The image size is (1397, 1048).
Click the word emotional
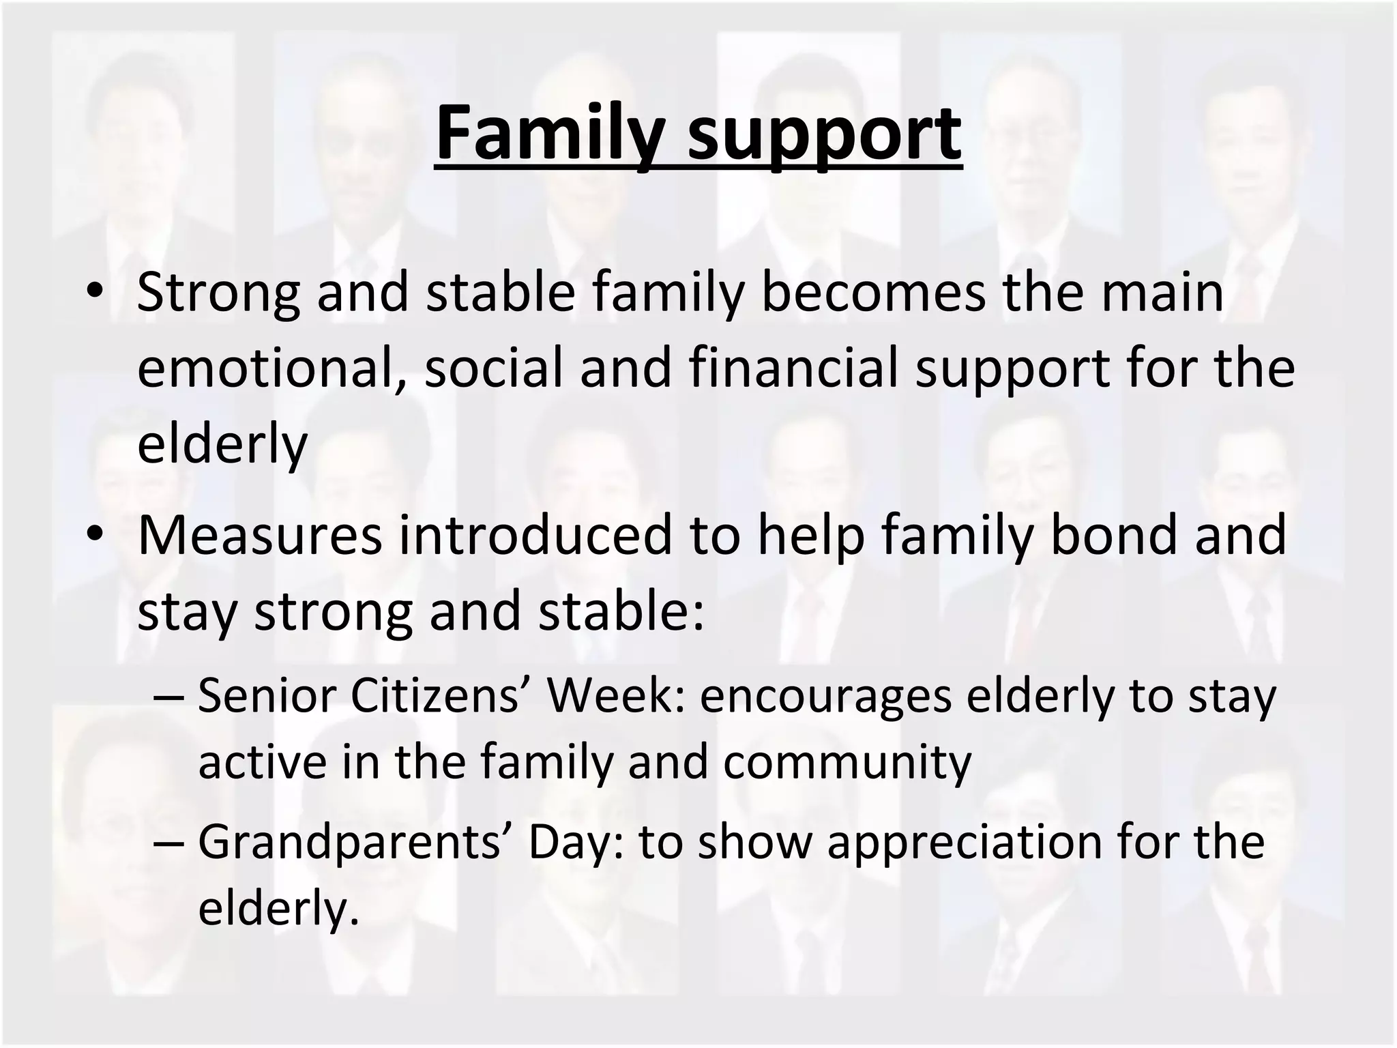coord(268,368)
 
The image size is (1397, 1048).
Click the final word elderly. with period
coord(278,907)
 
